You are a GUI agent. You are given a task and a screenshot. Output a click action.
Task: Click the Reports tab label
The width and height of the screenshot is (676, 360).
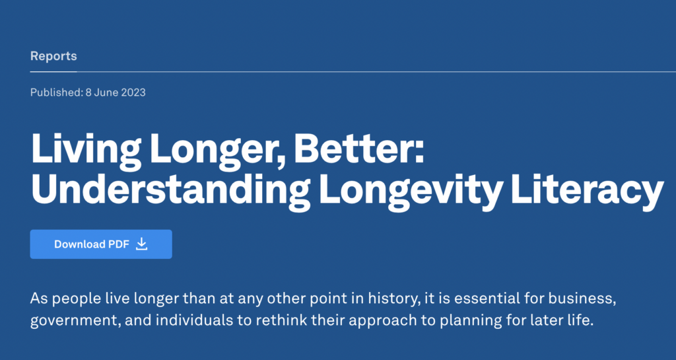coord(53,56)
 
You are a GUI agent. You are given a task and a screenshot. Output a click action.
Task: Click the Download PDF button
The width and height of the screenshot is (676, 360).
coord(101,244)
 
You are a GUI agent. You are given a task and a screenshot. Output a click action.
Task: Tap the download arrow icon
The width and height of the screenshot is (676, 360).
coord(141,244)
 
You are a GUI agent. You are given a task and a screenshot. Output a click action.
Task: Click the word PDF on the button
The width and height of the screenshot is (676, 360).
coord(119,244)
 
